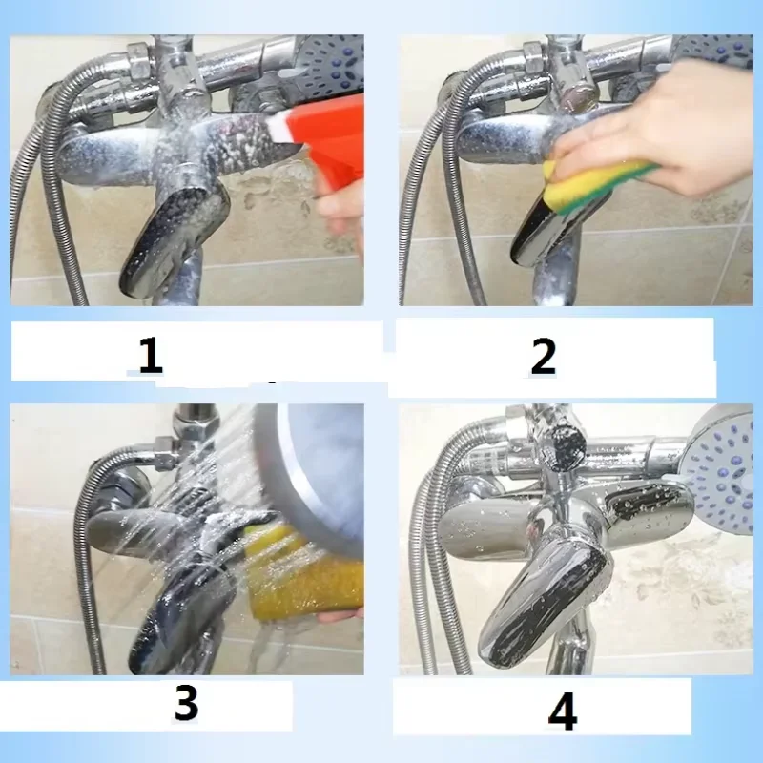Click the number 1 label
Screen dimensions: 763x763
(150, 355)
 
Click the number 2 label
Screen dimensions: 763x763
(543, 356)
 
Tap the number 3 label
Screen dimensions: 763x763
(186, 703)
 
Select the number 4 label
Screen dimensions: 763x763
(562, 711)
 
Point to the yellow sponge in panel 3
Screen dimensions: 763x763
(305, 572)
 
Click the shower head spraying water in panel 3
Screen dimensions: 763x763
(305, 467)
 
